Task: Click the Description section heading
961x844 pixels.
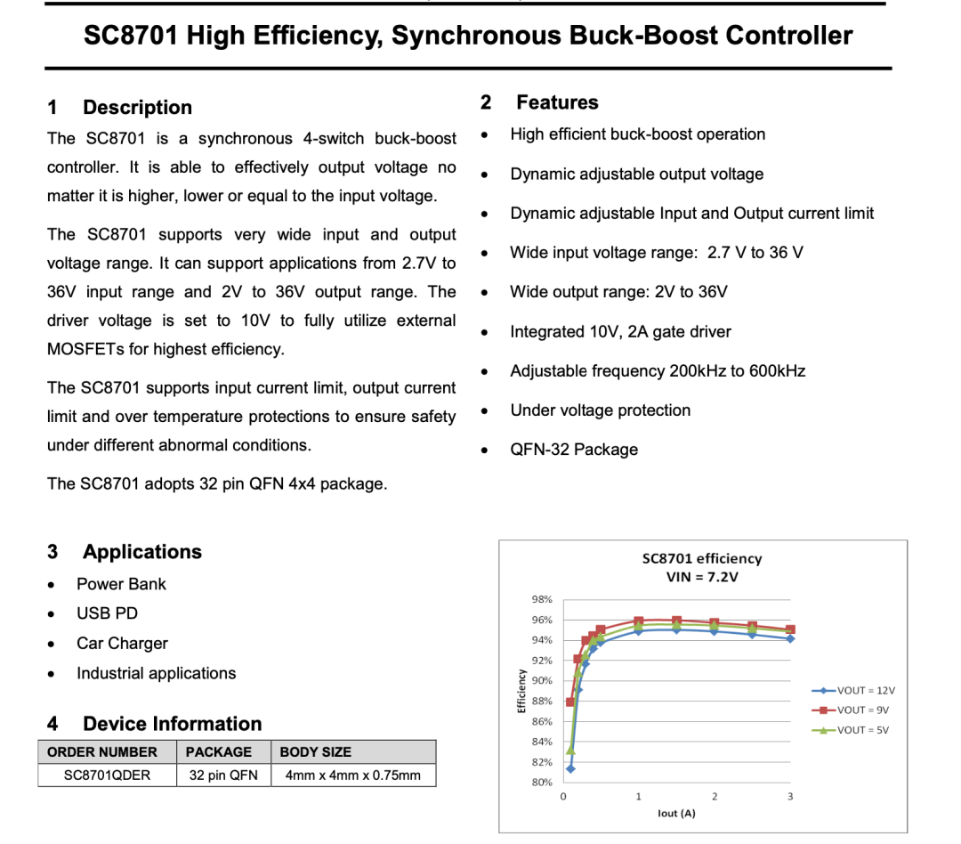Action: tap(137, 108)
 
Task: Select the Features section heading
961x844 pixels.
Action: tap(557, 102)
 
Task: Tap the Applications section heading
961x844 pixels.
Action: tap(142, 552)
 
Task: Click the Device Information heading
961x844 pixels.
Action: tap(172, 724)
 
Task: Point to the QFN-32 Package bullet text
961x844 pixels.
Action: tap(574, 450)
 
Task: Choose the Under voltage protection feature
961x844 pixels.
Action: tap(600, 410)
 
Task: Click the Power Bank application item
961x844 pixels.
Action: tap(121, 584)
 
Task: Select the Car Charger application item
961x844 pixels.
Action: tap(122, 644)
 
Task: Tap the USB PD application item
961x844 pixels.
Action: tap(107, 613)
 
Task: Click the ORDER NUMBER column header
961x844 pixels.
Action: tap(102, 752)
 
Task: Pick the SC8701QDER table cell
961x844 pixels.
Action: tap(108, 775)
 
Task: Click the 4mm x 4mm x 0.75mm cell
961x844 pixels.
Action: tap(353, 775)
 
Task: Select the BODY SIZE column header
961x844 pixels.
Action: tap(316, 752)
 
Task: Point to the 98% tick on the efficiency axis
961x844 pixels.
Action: tap(542, 600)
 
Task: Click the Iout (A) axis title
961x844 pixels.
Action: tap(676, 814)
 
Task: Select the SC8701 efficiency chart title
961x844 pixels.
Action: tap(702, 558)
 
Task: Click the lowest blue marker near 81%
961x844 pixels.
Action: tap(570, 768)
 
